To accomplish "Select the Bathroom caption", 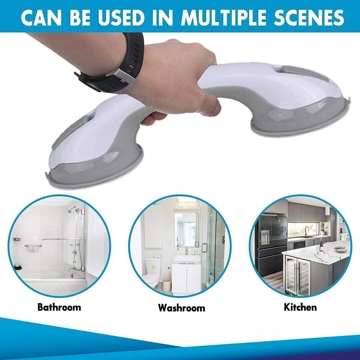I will click(x=59, y=307).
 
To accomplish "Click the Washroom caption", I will click(x=181, y=308).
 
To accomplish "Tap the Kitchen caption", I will click(x=300, y=307).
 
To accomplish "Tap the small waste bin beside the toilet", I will click(x=166, y=284).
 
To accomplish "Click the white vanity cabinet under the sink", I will click(x=186, y=277).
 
